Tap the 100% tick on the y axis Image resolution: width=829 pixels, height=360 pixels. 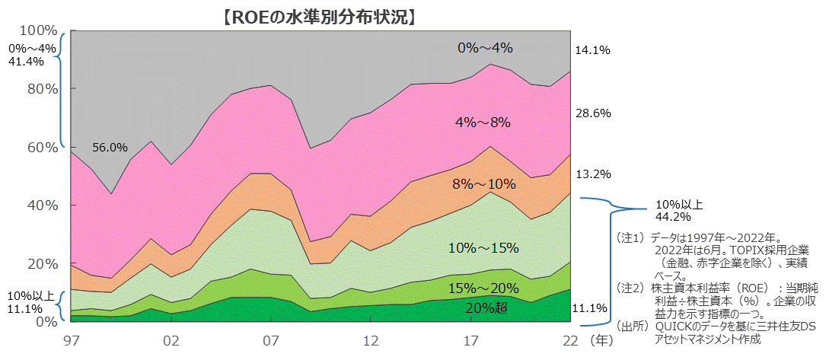(x=38, y=30)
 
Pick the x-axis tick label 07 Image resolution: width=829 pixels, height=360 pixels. (x=271, y=339)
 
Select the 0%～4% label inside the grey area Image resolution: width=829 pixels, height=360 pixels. (x=485, y=47)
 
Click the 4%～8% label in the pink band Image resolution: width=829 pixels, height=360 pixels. (x=482, y=122)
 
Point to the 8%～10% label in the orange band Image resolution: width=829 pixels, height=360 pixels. (x=484, y=183)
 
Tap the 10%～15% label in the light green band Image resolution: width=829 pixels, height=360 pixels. (x=484, y=247)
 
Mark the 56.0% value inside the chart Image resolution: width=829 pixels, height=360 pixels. (x=110, y=148)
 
